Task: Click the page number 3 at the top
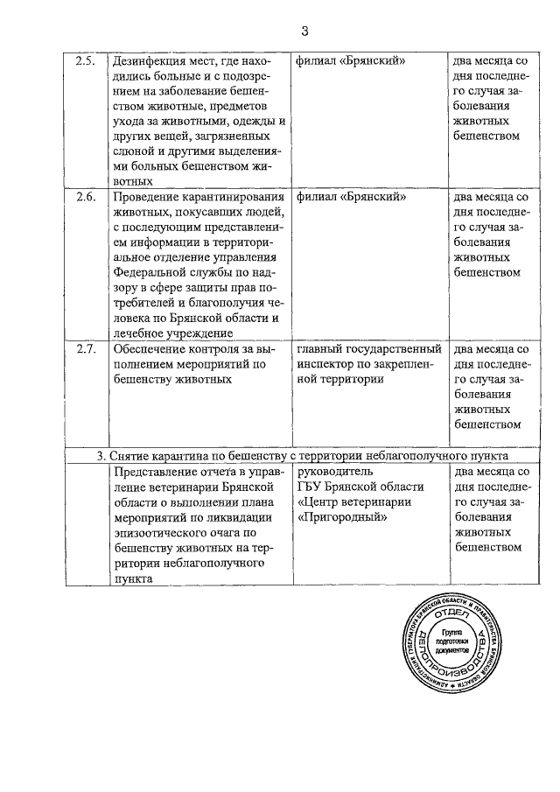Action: pyautogui.click(x=304, y=32)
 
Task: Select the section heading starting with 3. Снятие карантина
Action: pyautogui.click(x=303, y=456)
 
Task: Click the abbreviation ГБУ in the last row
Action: pyautogui.click(x=311, y=487)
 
